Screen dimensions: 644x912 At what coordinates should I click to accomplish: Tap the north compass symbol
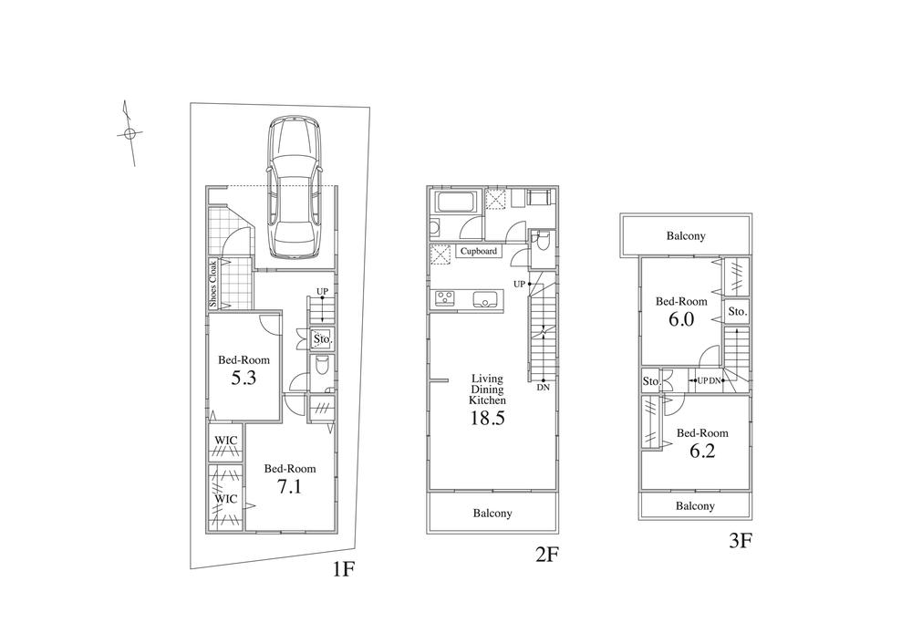coord(130,134)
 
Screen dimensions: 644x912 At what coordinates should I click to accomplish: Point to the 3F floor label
coord(740,541)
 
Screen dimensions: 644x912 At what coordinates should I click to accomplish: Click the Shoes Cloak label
coord(213,284)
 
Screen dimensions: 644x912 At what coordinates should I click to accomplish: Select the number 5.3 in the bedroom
coord(243,377)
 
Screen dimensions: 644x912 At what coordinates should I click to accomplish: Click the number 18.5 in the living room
coord(487,419)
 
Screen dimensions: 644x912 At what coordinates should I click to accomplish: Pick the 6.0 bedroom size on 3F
coord(682,319)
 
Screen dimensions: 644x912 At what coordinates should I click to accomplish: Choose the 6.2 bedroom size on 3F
coord(701,450)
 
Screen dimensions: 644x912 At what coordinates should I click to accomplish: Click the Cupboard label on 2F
coord(479,251)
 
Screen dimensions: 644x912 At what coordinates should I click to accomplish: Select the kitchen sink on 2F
coord(483,296)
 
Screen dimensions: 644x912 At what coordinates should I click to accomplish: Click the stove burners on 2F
coord(446,296)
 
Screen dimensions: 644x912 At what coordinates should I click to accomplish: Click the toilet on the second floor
coord(542,240)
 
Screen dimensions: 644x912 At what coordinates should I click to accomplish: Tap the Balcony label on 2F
coord(492,514)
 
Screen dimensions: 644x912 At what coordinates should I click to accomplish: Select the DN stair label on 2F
coord(544,388)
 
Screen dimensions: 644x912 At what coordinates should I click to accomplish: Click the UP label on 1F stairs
coord(321,292)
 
